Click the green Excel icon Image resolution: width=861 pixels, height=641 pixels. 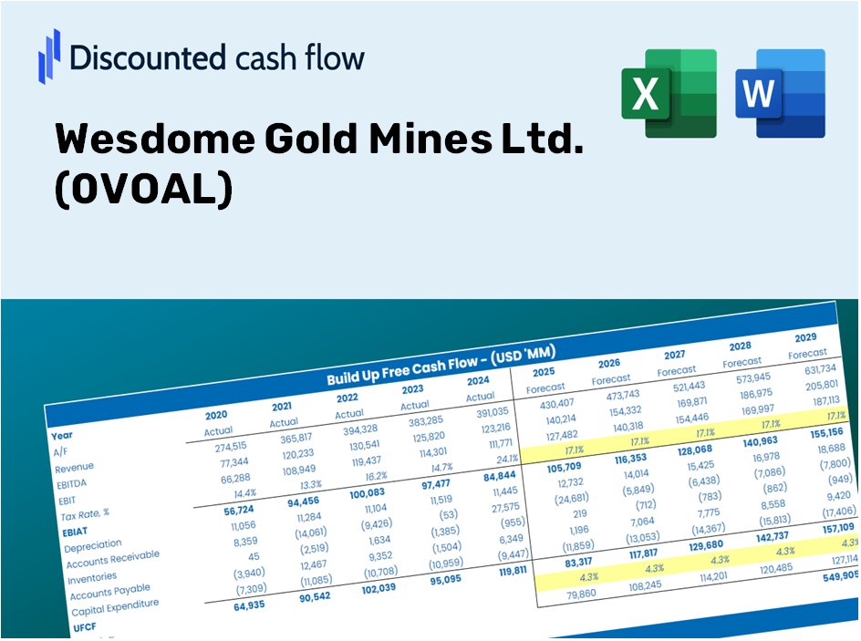[669, 94]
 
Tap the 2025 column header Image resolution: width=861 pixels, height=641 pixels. [543, 372]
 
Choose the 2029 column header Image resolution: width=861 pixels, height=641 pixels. [805, 337]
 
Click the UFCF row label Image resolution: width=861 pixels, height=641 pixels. [83, 628]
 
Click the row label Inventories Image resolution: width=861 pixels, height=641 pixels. [91, 577]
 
